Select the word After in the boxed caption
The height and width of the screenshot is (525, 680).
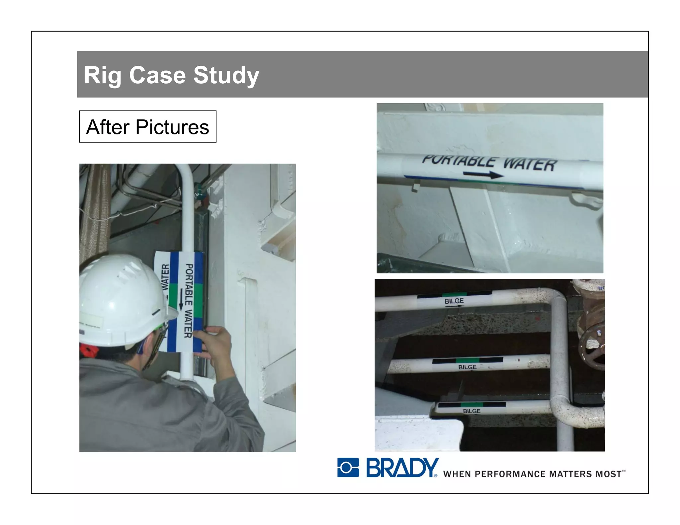107,127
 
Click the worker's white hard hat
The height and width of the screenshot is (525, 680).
123,299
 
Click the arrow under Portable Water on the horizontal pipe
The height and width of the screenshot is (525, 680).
483,174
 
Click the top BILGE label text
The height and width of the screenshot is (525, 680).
454,301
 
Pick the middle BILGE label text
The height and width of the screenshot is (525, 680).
467,367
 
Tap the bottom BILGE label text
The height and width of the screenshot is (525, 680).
471,411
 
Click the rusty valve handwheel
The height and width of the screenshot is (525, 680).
593,348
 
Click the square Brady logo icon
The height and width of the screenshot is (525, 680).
348,467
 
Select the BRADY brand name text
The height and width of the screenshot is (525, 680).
402,467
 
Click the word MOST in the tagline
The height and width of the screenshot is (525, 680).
608,474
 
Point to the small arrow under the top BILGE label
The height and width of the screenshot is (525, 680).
454,306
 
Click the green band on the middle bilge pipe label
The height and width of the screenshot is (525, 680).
467,360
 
